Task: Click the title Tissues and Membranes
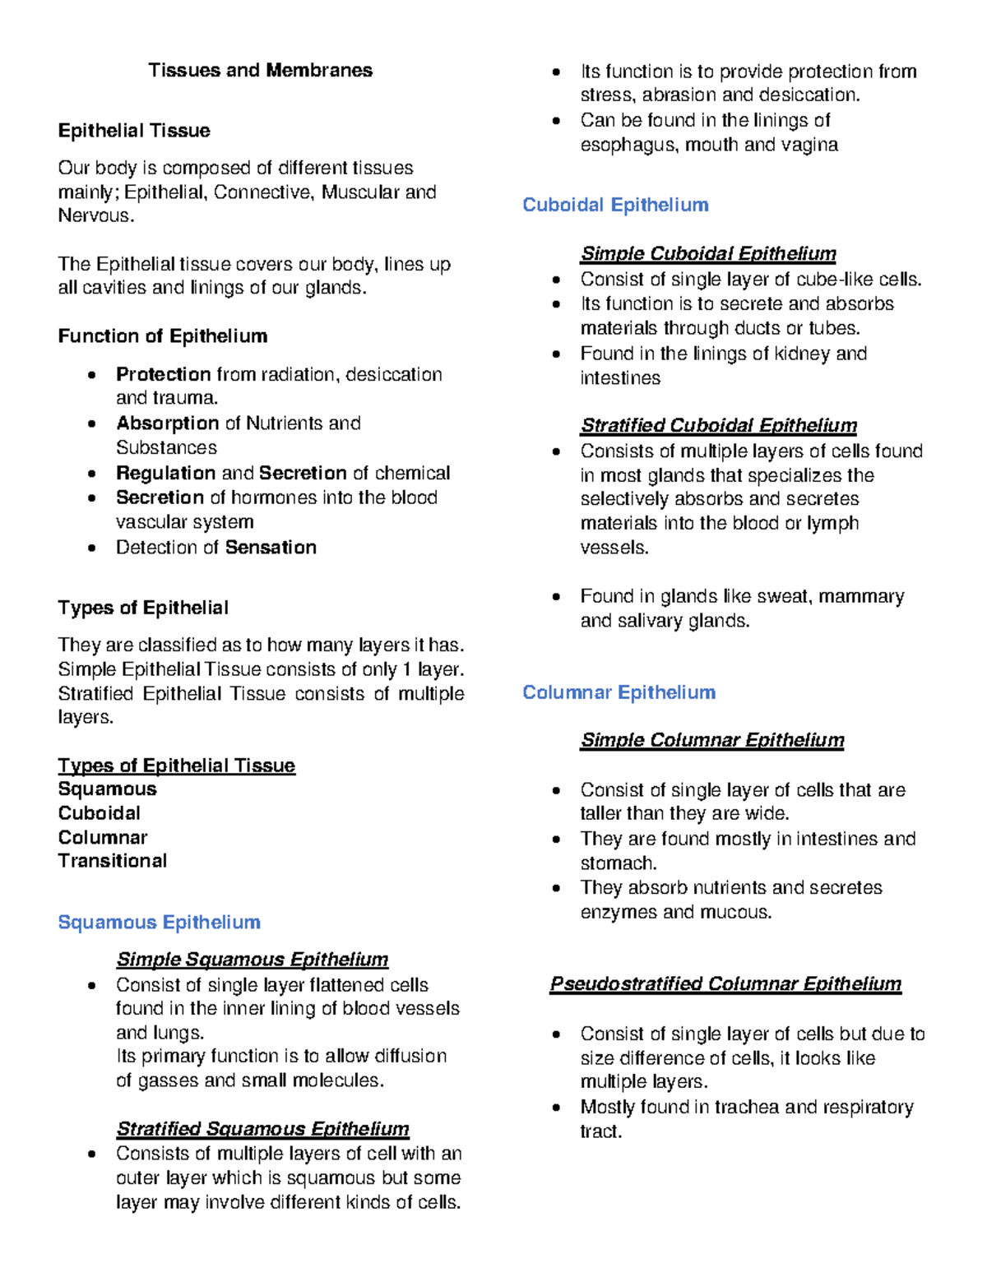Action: point(260,71)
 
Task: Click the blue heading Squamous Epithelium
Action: point(159,923)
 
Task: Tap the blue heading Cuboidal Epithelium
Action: point(615,205)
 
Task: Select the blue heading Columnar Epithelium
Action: point(619,692)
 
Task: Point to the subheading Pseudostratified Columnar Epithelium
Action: point(725,984)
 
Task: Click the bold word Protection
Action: point(163,374)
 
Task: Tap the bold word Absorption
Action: point(167,423)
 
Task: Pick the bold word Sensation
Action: point(271,548)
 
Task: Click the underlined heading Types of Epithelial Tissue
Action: point(176,766)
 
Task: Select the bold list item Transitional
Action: point(112,861)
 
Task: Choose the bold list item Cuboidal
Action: point(99,813)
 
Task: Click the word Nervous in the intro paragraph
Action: point(94,216)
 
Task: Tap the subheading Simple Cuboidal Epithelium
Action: point(708,253)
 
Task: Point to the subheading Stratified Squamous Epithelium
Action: point(262,1129)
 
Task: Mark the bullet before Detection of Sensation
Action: point(92,548)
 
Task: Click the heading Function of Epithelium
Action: point(162,336)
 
